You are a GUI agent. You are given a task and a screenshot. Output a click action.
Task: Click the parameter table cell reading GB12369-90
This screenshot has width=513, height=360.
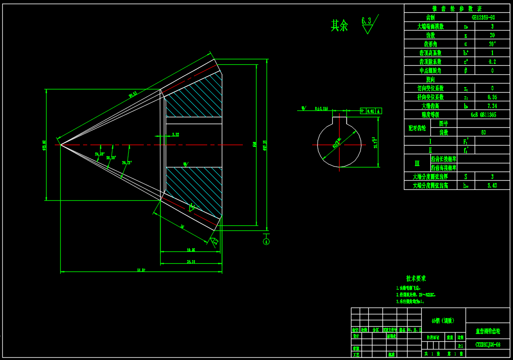pos(483,17)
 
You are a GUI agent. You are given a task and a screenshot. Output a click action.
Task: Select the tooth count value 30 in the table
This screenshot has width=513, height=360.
pos(492,35)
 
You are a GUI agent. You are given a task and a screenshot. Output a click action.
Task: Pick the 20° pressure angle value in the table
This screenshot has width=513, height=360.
pos(492,44)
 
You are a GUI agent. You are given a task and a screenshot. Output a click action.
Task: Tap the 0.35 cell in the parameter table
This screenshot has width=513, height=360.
pos(492,97)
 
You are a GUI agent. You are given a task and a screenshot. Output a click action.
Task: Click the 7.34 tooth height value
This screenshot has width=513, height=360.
pos(492,106)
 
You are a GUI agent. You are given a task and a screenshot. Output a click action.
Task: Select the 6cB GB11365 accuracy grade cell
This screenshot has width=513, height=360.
pos(483,115)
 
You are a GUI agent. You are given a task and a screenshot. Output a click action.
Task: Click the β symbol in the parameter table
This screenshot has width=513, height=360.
pos(466,71)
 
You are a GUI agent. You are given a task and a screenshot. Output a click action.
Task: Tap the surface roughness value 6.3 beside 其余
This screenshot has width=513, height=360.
pos(366,21)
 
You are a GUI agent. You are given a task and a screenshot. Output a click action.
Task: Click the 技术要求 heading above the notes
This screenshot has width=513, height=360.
pos(416,278)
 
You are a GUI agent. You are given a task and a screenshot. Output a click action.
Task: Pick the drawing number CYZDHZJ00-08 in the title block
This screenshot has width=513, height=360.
pos(487,344)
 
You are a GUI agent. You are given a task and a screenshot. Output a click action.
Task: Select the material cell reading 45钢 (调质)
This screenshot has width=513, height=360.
pos(443,320)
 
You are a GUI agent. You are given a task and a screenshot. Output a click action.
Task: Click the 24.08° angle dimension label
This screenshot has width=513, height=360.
pos(99,154)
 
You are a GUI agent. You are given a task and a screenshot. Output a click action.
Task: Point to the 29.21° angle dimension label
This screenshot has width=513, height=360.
pos(126,162)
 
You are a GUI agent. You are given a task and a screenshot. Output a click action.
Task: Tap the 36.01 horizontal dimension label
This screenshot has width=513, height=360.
pos(191,261)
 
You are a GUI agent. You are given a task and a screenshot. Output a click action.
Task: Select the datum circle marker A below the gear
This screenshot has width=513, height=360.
pos(267,242)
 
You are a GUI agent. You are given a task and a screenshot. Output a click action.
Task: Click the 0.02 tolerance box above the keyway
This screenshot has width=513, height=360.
pos(371,111)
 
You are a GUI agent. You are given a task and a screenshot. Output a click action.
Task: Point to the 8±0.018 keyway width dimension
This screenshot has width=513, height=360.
pos(321,109)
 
